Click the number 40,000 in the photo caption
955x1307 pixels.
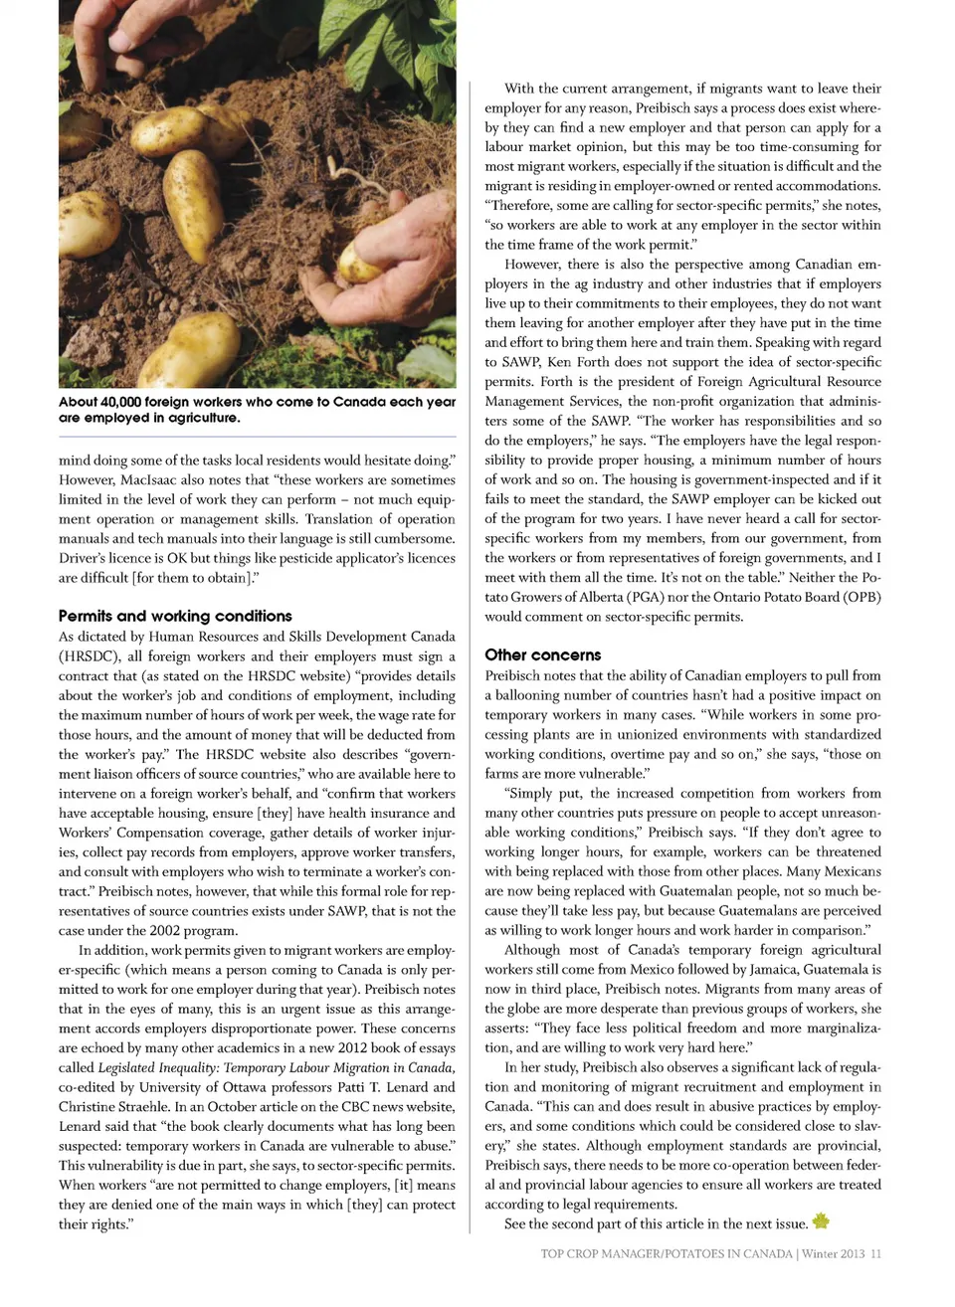coord(119,402)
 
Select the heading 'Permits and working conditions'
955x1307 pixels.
coord(175,616)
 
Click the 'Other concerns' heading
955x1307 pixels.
coord(542,654)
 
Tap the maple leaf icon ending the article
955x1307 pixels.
coord(821,1221)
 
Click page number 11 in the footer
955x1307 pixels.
coord(875,1253)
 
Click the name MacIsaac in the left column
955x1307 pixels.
coord(146,479)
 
